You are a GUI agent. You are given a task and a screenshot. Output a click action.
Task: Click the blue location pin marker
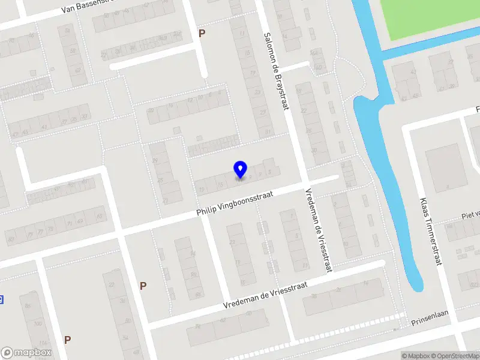click(x=240, y=169)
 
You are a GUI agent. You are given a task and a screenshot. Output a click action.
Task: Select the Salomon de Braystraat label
click(x=275, y=71)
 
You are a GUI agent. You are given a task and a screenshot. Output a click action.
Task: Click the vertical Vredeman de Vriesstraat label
click(x=318, y=230)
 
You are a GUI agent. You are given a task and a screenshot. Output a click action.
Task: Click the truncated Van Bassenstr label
click(x=89, y=8)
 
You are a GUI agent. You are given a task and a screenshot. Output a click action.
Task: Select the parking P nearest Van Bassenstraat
click(x=202, y=34)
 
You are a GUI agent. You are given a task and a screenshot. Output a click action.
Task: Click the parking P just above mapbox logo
click(x=68, y=340)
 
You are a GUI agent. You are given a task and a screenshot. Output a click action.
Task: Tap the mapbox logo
click(x=26, y=353)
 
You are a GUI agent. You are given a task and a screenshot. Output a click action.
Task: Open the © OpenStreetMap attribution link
click(x=455, y=356)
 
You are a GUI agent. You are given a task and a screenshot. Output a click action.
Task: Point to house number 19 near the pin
click(x=202, y=190)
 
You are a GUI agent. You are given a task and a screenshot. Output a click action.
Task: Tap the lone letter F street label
click(x=478, y=110)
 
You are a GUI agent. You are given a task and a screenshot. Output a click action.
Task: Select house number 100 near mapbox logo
click(x=38, y=324)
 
